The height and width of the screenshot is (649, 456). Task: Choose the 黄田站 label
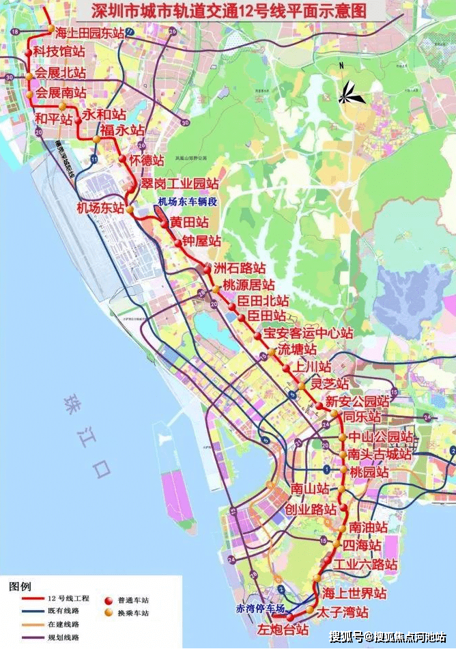pos(189,223)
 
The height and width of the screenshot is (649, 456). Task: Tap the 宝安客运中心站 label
pos(308,334)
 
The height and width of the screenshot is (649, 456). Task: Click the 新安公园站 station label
pos(357,401)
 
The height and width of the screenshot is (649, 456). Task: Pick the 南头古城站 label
pos(379,454)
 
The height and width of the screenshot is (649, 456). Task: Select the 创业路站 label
pos(311,510)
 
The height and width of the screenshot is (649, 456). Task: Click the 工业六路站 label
pos(365,565)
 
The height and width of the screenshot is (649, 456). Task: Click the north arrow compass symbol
pos(351,92)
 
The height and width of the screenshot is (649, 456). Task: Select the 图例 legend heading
pos(20,587)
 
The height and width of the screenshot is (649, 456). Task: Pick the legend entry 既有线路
pos(63,613)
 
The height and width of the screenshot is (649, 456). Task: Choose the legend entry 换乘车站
pos(133,613)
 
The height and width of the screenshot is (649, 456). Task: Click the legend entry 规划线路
pos(63,637)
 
